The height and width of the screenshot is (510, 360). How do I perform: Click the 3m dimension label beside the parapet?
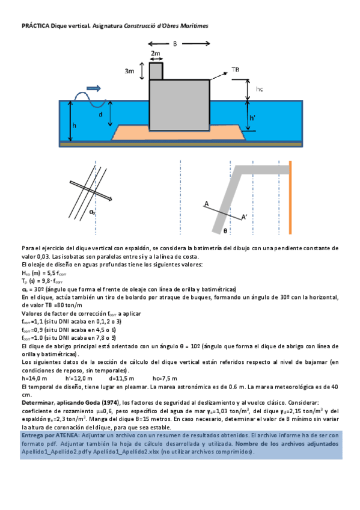[129, 71]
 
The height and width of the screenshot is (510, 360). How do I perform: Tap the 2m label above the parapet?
[156, 54]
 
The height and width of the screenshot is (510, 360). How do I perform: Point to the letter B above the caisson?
[175, 43]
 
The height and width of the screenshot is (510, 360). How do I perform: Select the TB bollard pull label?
[236, 70]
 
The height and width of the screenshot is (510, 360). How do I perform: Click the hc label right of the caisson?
[259, 89]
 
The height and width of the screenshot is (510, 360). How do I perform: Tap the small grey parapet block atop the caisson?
[156, 70]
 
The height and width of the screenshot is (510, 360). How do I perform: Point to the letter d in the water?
[100, 114]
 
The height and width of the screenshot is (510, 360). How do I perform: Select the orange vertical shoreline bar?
[290, 196]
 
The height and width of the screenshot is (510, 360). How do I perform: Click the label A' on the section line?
[244, 217]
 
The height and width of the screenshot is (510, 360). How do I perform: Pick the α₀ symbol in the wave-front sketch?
[92, 212]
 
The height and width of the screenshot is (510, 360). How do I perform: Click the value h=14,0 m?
[34, 377]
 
